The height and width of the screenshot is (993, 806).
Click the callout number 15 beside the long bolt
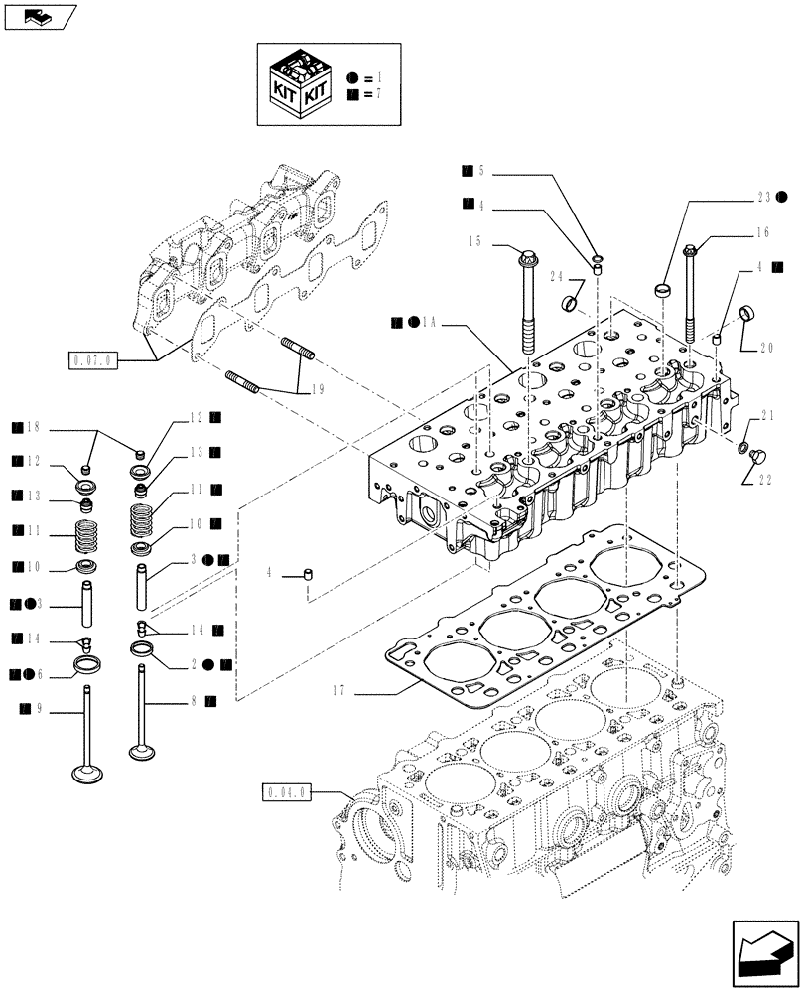pos(475,241)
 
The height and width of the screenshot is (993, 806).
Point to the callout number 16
pos(761,234)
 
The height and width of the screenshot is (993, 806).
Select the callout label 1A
pos(429,322)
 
